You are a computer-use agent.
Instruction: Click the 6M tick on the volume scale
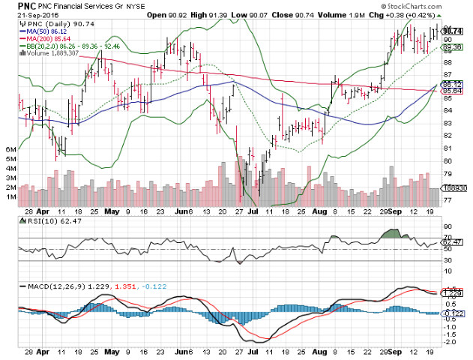[10, 149]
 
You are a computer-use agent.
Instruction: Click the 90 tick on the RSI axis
[448, 226]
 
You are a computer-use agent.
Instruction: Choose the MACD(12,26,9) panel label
[52, 286]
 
